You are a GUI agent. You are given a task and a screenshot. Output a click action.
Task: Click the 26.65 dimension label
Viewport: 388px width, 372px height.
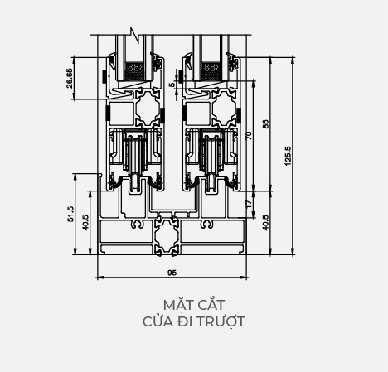coord(70,78)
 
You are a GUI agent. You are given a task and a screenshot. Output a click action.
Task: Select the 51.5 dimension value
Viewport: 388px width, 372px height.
coord(70,214)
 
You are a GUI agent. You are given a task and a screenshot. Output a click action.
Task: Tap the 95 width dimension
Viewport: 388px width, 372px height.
coord(172,273)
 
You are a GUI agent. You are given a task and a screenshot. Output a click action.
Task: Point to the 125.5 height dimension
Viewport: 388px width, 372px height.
coord(288,156)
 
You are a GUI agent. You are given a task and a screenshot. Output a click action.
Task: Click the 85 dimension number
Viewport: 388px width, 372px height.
coord(265,123)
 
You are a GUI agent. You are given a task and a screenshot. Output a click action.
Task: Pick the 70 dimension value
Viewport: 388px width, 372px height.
coord(249,135)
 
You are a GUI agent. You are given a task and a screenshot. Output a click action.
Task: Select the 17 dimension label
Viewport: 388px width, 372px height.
coord(249,204)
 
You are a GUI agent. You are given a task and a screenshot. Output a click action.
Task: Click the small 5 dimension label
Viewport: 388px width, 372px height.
coord(172,85)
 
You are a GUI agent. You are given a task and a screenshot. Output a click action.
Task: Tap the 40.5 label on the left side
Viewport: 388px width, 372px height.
coord(85,223)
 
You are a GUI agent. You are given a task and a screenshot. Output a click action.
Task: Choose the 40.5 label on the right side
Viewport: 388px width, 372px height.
coord(265,223)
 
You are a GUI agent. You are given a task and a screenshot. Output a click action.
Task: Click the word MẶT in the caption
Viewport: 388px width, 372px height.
coord(175,305)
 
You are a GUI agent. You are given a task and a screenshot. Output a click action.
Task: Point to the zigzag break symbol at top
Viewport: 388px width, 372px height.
coord(135,35)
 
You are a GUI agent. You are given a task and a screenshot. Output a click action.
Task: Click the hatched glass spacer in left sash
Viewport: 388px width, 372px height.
coord(135,70)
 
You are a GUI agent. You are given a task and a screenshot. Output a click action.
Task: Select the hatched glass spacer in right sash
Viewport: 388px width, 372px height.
coord(211,70)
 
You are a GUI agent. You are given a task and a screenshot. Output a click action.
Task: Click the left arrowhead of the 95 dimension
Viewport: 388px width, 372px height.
coord(100,278)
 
